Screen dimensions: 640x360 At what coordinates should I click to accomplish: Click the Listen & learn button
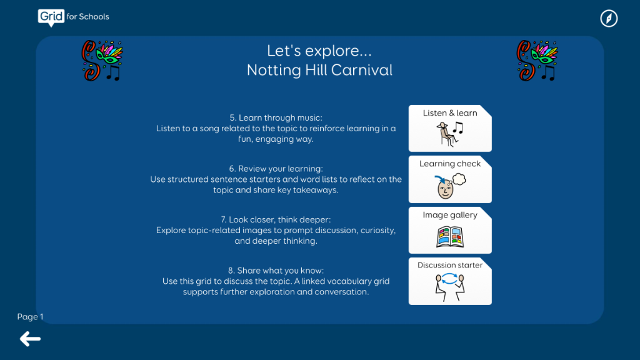pyautogui.click(x=450, y=128)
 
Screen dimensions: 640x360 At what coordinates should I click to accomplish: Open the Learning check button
pyautogui.click(x=450, y=179)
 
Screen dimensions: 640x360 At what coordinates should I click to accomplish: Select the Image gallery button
pyautogui.click(x=450, y=230)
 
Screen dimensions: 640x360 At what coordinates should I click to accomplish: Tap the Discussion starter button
pyautogui.click(x=450, y=281)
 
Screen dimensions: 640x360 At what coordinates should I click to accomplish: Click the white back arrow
pyautogui.click(x=30, y=339)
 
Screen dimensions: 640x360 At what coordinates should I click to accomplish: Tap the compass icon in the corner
pyautogui.click(x=609, y=18)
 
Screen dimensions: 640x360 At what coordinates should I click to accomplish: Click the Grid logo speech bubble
pyautogui.click(x=51, y=17)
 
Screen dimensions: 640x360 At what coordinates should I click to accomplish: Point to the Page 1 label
pyautogui.click(x=30, y=317)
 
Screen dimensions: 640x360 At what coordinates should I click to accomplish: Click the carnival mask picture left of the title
pyautogui.click(x=102, y=61)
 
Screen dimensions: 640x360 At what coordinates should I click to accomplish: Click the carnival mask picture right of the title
pyautogui.click(x=537, y=61)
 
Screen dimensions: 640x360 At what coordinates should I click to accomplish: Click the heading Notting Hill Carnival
pyautogui.click(x=319, y=70)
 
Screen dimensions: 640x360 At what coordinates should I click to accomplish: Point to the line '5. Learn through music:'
pyautogui.click(x=276, y=118)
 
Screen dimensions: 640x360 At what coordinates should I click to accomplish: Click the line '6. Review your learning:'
pyautogui.click(x=276, y=169)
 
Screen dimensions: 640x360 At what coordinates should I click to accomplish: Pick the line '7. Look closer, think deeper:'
pyautogui.click(x=276, y=219)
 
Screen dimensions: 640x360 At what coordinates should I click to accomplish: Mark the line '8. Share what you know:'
pyautogui.click(x=276, y=271)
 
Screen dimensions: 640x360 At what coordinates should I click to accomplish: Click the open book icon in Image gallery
pyautogui.click(x=450, y=237)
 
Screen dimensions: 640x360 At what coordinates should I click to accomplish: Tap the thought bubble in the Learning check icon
pyautogui.click(x=459, y=179)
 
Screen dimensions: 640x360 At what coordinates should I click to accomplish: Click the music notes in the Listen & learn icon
pyautogui.click(x=458, y=127)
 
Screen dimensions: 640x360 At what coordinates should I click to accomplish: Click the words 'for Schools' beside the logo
pyautogui.click(x=87, y=17)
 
